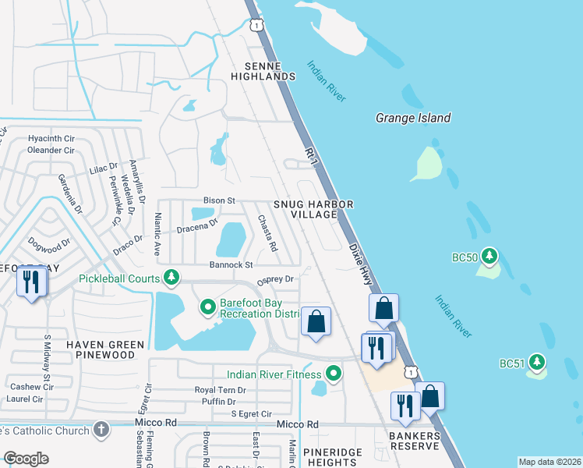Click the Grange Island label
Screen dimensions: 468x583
413,118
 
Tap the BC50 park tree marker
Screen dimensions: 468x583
489,256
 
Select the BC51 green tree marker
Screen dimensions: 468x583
536,361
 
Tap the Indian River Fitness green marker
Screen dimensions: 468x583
334,374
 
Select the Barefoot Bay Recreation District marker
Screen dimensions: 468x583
208,307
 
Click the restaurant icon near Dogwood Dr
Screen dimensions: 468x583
32,281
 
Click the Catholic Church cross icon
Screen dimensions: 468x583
100,429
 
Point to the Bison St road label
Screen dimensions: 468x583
219,200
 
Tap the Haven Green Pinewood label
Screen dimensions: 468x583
105,349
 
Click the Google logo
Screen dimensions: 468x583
26,459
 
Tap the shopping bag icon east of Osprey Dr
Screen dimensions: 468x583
316,321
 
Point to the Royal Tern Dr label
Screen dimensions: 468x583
220,390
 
